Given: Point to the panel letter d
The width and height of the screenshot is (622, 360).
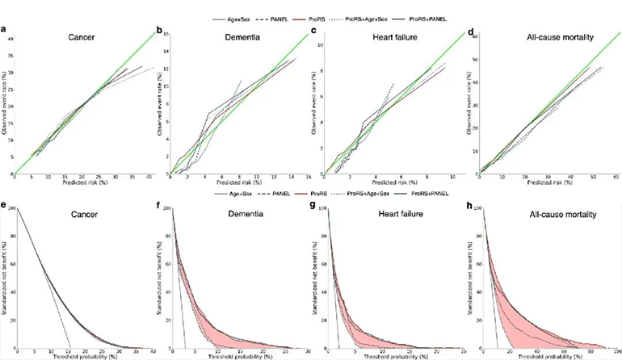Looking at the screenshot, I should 469,31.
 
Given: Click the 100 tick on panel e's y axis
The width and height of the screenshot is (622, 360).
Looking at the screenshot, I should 11,208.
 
